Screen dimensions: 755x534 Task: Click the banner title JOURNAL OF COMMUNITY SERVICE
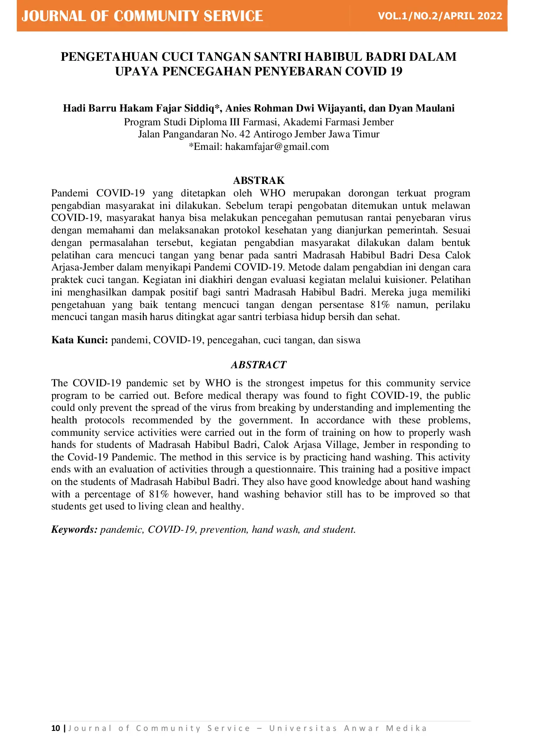tap(142, 16)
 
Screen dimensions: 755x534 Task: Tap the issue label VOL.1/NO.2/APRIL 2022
tap(440, 16)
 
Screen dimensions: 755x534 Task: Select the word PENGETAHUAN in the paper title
tap(109, 57)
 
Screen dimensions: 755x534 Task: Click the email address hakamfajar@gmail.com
tap(277, 147)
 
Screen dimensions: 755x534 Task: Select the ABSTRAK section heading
tap(259, 180)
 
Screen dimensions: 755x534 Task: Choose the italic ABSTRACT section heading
tap(259, 365)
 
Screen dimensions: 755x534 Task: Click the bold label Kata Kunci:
tap(80, 340)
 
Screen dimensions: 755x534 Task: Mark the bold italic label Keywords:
tap(75, 530)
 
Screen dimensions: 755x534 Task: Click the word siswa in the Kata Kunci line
tap(349, 340)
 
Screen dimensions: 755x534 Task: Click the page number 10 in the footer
tap(56, 728)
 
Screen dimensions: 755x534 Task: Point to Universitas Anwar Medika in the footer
tap(348, 728)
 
